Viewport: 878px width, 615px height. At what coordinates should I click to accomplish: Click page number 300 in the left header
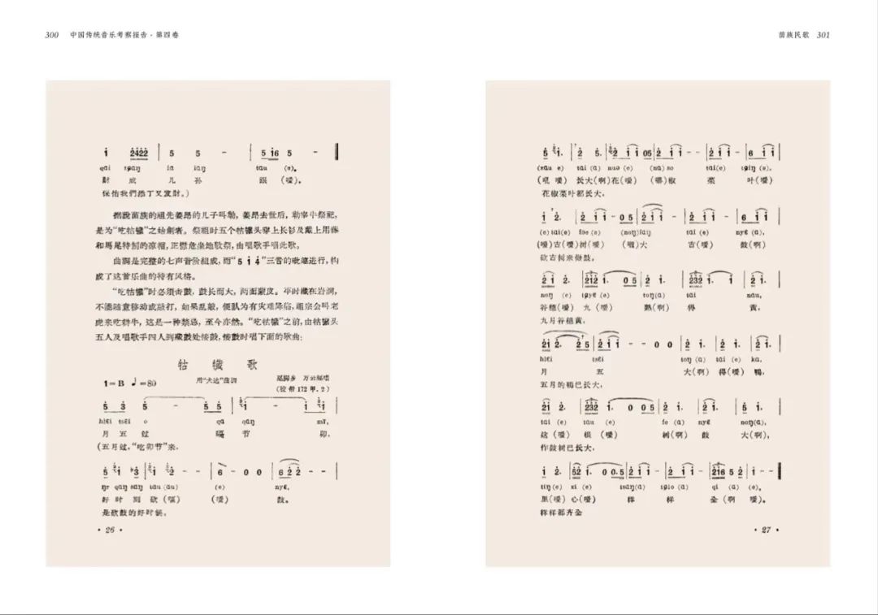[x=51, y=35]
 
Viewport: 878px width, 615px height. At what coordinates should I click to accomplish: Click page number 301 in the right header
[x=822, y=35]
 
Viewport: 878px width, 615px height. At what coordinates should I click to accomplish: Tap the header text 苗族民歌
[x=793, y=35]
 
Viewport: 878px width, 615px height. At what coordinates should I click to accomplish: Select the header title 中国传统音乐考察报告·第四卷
[x=124, y=35]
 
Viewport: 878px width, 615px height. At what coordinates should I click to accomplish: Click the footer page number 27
[x=766, y=531]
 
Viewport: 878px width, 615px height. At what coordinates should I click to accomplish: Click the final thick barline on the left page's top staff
[x=337, y=152]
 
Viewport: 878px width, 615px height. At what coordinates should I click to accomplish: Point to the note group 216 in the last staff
[x=720, y=472]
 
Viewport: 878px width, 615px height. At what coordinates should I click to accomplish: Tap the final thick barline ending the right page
[x=781, y=472]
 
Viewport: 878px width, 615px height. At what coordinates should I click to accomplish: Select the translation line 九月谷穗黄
[x=560, y=320]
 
